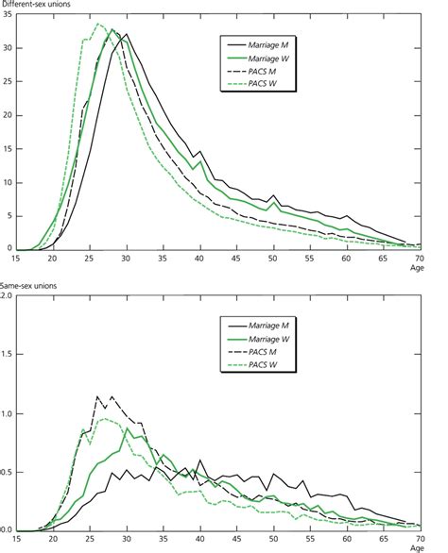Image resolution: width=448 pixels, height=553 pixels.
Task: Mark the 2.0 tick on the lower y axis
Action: pyautogui.click(x=7, y=297)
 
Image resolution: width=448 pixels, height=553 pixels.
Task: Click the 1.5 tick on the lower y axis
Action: pyautogui.click(x=7, y=356)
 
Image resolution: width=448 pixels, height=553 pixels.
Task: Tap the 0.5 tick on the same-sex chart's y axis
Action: pyautogui.click(x=7, y=472)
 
